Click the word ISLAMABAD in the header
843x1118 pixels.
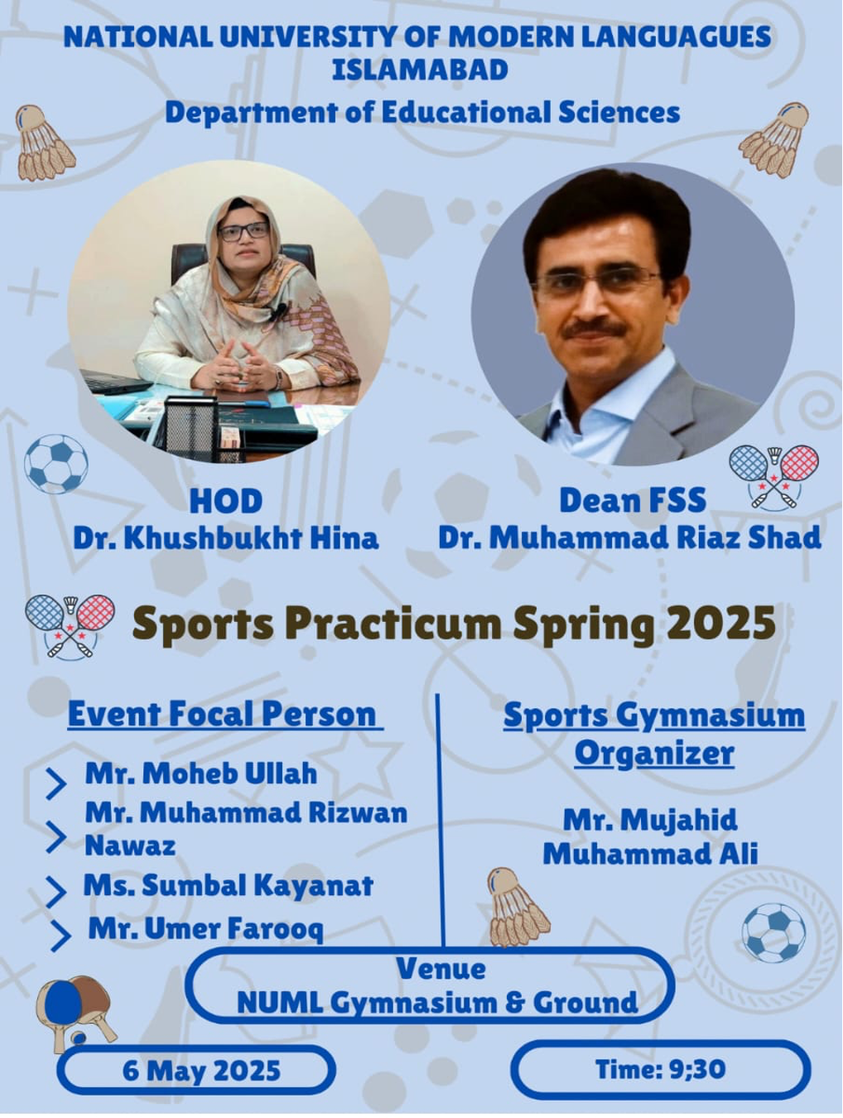click(x=421, y=70)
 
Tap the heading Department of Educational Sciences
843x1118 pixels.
click(x=422, y=113)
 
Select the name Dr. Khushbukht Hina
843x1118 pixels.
click(x=226, y=539)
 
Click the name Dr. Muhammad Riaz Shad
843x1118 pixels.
click(x=629, y=537)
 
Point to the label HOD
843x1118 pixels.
click(x=226, y=502)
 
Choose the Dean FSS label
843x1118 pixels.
click(x=633, y=500)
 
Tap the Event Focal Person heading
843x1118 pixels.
click(x=225, y=716)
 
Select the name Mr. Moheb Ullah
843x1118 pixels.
click(x=201, y=774)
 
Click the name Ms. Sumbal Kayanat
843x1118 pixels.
click(x=229, y=885)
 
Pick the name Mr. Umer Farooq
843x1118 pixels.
click(x=205, y=929)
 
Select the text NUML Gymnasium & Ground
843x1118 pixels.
click(x=437, y=1003)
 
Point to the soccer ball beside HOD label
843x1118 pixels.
click(x=56, y=464)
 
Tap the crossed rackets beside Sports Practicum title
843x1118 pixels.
click(x=70, y=626)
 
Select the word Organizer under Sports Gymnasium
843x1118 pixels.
click(x=655, y=754)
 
